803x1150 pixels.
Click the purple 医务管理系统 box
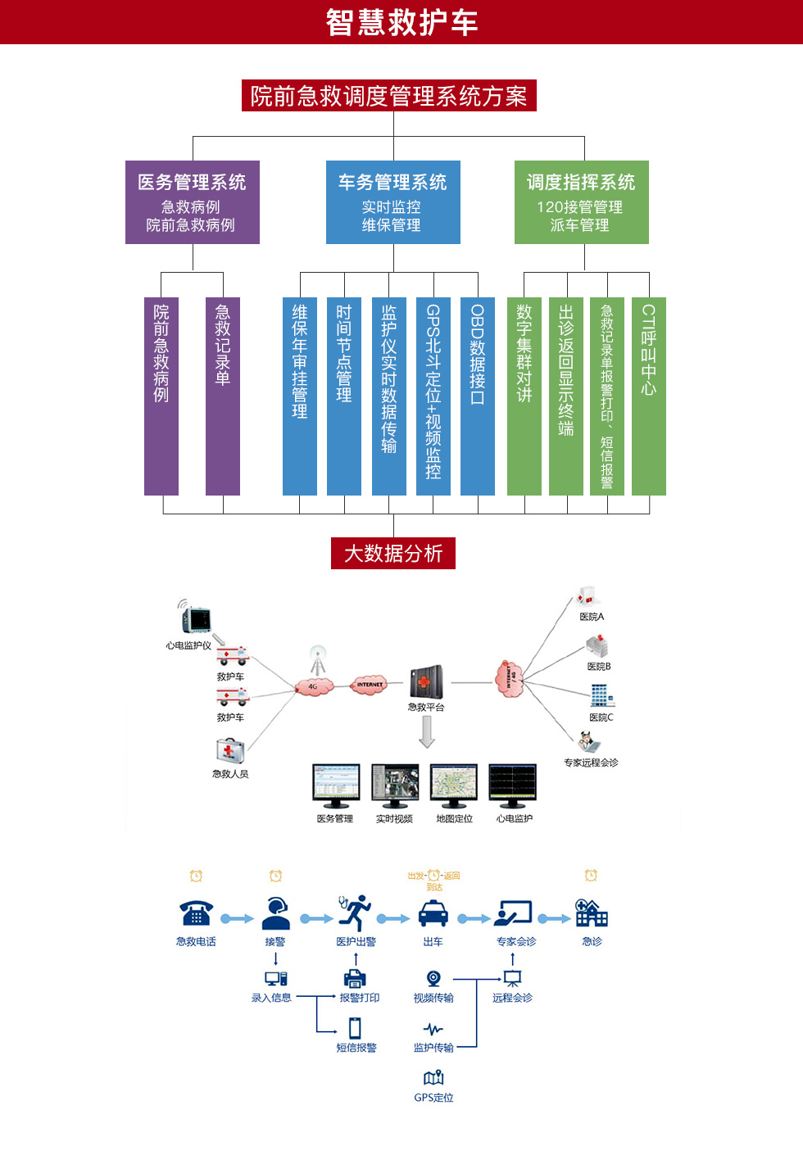pyautogui.click(x=192, y=202)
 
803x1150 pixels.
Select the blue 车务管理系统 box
pyautogui.click(x=392, y=202)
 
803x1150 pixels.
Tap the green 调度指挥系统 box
pyautogui.click(x=581, y=202)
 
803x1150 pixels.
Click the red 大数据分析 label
pyautogui.click(x=393, y=554)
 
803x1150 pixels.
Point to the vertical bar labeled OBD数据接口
pyautogui.click(x=478, y=396)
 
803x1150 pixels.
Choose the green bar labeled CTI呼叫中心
pyautogui.click(x=649, y=396)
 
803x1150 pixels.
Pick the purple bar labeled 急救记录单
pyautogui.click(x=223, y=396)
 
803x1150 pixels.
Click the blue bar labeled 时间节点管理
pyautogui.click(x=344, y=396)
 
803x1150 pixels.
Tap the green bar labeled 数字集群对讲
pyautogui.click(x=524, y=396)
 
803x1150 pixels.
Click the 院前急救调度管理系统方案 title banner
pyautogui.click(x=389, y=96)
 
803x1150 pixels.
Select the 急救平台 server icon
pyautogui.click(x=426, y=681)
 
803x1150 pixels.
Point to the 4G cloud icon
pyautogui.click(x=314, y=686)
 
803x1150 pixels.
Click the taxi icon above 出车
pyautogui.click(x=433, y=913)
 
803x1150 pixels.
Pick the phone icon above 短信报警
pyautogui.click(x=355, y=1027)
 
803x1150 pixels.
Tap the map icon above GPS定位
pyautogui.click(x=433, y=1078)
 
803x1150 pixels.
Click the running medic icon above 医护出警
pyautogui.click(x=356, y=912)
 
